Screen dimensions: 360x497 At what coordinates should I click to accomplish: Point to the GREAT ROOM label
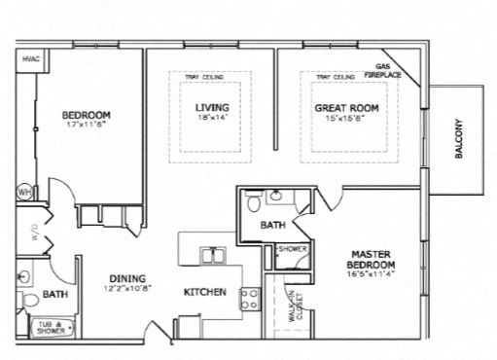click(x=345, y=107)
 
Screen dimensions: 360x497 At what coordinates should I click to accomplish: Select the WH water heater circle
click(x=24, y=193)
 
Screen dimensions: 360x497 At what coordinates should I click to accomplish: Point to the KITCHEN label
click(x=205, y=292)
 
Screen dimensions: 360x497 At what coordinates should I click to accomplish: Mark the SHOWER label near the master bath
click(x=292, y=249)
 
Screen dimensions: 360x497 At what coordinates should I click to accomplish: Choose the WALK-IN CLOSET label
click(x=294, y=307)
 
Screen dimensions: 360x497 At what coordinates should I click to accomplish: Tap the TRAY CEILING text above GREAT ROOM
click(x=335, y=77)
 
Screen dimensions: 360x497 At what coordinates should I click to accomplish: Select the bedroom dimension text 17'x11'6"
click(x=87, y=125)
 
